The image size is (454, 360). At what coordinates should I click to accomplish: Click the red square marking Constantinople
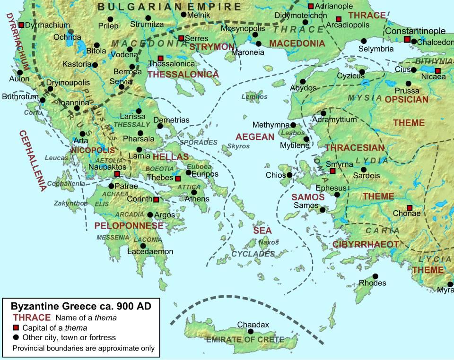pos(407,39)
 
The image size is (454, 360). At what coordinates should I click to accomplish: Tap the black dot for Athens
pos(194,192)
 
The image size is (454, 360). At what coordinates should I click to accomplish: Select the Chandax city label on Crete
pos(253,325)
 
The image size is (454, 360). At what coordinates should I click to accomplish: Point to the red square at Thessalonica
pos(161,58)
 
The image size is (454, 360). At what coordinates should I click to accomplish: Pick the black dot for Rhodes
pos(375,276)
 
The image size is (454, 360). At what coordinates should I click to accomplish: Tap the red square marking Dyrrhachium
pos(21,25)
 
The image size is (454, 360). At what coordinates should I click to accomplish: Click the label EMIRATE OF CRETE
pos(245,340)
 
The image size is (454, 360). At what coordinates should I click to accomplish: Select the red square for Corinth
pos(156,199)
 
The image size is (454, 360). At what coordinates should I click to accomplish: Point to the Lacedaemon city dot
pos(143,246)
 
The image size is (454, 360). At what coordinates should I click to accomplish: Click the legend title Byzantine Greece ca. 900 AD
pos(81,306)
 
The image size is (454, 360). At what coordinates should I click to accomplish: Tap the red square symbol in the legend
pos(16,328)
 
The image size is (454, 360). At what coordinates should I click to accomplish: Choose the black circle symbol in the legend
pos(16,337)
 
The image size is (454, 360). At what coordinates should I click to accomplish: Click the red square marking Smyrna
pos(332,171)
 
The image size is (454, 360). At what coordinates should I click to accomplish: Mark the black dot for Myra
pos(450,284)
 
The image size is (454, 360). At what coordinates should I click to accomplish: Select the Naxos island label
pos(269,242)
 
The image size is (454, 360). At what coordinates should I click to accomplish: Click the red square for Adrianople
pos(311,6)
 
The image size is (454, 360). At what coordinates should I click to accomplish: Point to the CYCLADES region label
pos(253,254)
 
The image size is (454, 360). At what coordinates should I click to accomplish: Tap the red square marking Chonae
pos(410,208)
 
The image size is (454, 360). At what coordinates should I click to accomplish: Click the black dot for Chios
pos(289,175)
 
